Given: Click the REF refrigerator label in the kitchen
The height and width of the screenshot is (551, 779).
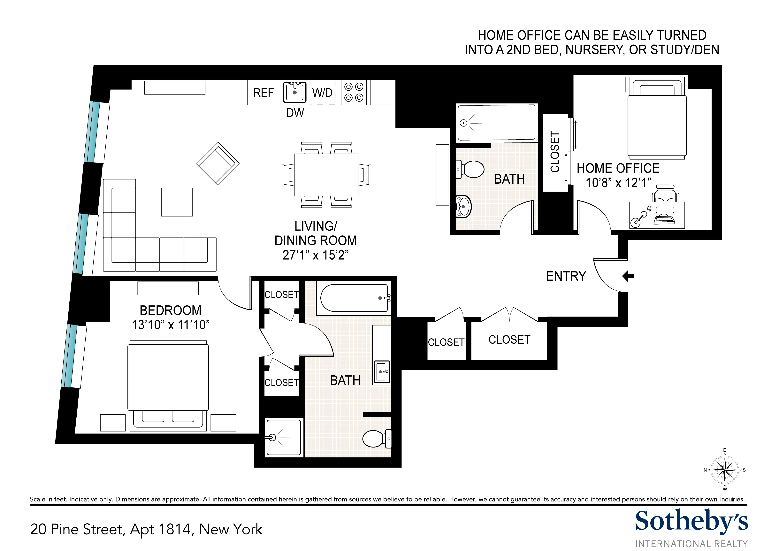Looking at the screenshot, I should tap(263, 93).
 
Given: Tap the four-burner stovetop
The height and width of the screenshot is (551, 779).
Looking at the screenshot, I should tap(354, 92).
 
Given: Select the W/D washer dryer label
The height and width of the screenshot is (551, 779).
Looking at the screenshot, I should tap(322, 92).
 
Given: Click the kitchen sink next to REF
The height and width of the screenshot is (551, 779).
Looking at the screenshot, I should tap(294, 92).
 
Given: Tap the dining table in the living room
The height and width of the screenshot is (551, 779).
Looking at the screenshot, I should tap(326, 175).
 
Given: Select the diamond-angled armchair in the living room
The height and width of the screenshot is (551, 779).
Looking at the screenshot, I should tap(218, 164).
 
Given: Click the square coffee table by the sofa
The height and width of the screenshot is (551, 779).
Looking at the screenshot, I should tap(177, 202).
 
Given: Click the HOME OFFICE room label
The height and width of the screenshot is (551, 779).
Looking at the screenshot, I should tap(618, 168).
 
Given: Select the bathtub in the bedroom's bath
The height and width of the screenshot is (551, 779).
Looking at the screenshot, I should tap(354, 298).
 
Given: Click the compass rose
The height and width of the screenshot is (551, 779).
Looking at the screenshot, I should tap(724, 470).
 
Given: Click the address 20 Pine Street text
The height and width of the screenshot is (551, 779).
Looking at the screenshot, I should tap(146, 529).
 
